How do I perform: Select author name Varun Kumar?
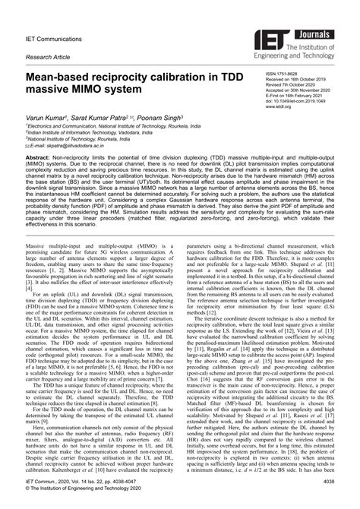tap(49, 118)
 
